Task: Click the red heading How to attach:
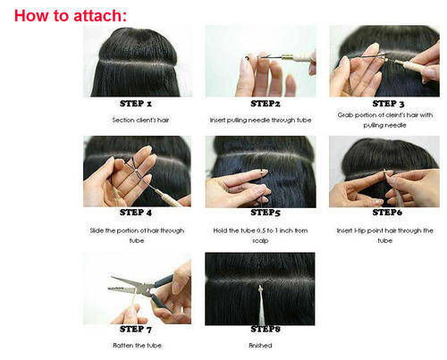click(x=71, y=15)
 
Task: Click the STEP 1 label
click(x=136, y=104)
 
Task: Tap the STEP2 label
click(x=266, y=104)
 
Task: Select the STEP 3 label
click(x=388, y=104)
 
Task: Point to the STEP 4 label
click(x=136, y=213)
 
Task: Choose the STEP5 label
click(x=266, y=213)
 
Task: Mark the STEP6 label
click(x=387, y=213)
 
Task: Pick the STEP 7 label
click(x=136, y=329)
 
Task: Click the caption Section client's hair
click(x=140, y=120)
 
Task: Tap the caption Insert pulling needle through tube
click(x=260, y=120)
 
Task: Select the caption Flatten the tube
click(x=137, y=346)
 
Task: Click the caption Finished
click(x=260, y=346)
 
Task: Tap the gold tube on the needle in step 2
click(x=287, y=56)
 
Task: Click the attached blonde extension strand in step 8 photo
click(x=261, y=306)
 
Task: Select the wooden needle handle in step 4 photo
click(x=169, y=197)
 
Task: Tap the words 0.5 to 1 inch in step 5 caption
click(x=270, y=230)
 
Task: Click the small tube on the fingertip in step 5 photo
click(x=264, y=172)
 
